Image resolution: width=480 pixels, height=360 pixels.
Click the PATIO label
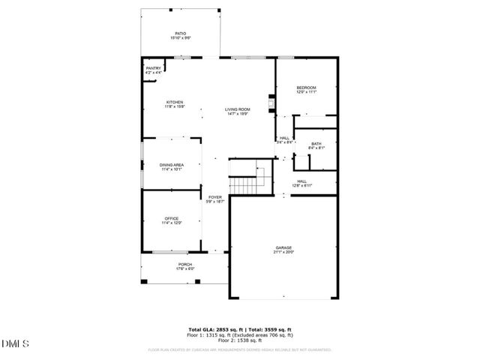pyautogui.click(x=180, y=33)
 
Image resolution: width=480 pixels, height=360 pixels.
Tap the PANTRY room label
pyautogui.click(x=153, y=68)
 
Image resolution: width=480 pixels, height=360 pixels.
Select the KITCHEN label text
pyautogui.click(x=174, y=102)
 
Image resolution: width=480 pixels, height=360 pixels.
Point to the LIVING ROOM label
pyautogui.click(x=238, y=109)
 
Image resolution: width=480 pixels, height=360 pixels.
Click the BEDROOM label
pyautogui.click(x=306, y=88)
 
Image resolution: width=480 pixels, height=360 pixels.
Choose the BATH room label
pyautogui.click(x=316, y=143)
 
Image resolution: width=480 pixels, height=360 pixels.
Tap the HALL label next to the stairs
pyautogui.click(x=301, y=181)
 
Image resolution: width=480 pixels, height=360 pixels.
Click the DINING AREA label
pyautogui.click(x=172, y=165)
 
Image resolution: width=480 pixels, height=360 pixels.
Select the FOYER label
pyautogui.click(x=214, y=197)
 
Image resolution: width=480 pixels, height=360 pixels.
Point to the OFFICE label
pyautogui.click(x=172, y=218)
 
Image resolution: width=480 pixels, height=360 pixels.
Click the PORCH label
pyautogui.click(x=185, y=264)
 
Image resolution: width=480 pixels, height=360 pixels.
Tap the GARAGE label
pyautogui.click(x=283, y=247)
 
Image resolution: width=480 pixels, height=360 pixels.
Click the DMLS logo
pyautogui.click(x=15, y=343)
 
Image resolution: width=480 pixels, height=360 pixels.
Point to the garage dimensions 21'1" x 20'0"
pyautogui.click(x=283, y=252)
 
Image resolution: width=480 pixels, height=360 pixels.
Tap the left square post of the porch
pyautogui.click(x=146, y=281)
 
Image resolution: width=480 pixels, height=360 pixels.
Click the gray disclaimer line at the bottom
pyautogui.click(x=239, y=349)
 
